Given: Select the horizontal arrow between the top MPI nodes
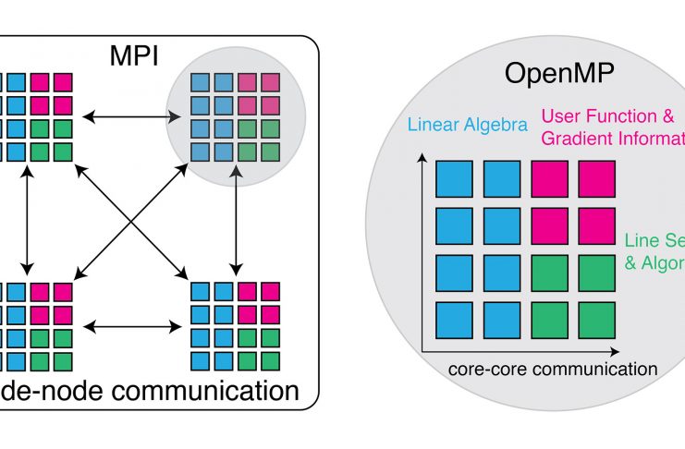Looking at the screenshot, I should pyautogui.click(x=126, y=116).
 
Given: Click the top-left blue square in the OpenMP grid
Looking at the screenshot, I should pyautogui.click(x=454, y=178).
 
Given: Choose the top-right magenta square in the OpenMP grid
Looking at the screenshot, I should pyautogui.click(x=596, y=178).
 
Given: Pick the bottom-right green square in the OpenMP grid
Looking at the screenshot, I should pyautogui.click(x=596, y=320).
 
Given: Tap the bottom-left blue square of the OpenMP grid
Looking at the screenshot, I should pyautogui.click(x=454, y=320).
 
